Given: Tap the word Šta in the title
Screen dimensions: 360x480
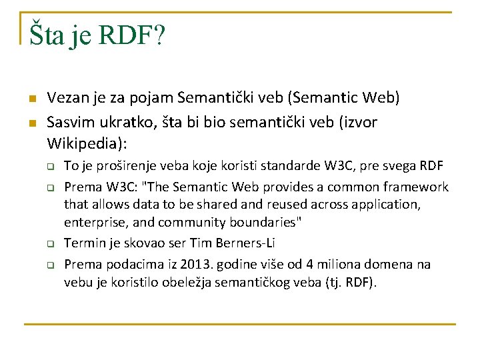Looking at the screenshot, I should (47, 36).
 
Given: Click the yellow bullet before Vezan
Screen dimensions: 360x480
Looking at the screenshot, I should (31, 99).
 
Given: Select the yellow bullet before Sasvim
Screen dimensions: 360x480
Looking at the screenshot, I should (31, 123).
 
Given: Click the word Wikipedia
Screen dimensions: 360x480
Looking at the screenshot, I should (85, 143).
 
